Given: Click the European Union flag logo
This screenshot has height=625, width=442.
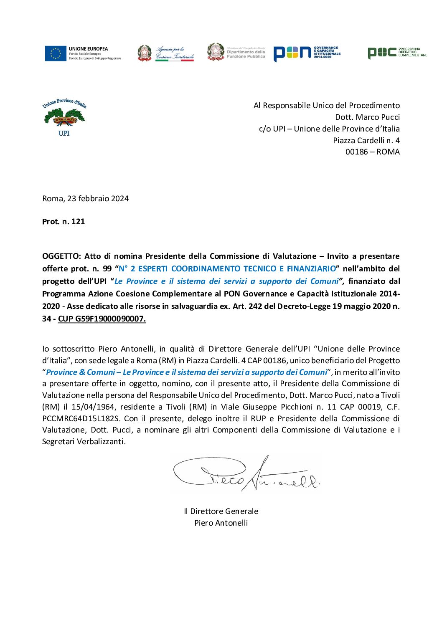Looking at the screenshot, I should [x=56, y=53].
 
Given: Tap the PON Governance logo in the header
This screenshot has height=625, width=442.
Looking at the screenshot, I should [x=307, y=53].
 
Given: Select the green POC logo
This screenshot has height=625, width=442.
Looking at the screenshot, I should [x=397, y=53].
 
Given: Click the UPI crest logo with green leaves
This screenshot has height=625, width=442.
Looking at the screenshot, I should [x=64, y=117].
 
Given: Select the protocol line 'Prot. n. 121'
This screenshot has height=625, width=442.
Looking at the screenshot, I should [x=64, y=222].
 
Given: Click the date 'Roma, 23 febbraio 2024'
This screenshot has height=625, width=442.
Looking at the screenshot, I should [x=85, y=199].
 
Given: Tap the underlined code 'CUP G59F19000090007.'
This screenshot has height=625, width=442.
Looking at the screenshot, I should [x=102, y=319].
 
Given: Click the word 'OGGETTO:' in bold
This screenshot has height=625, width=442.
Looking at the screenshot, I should [x=61, y=256].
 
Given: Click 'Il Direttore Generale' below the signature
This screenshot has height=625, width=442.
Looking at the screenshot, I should [x=221, y=511].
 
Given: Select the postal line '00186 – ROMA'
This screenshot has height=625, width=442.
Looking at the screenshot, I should [x=372, y=152].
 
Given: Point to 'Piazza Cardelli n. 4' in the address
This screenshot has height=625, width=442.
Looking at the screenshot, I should [x=366, y=140].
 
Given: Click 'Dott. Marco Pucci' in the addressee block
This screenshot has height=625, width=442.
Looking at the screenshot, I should [x=367, y=117].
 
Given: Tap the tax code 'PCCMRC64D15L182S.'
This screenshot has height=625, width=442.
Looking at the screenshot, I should [x=81, y=418].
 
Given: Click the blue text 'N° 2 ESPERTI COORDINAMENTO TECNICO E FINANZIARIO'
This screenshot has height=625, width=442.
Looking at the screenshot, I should [x=227, y=269].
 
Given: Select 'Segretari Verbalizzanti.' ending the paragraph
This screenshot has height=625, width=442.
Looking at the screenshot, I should [x=84, y=442].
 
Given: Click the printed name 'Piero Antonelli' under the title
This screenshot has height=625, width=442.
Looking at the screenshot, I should [x=221, y=523].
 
